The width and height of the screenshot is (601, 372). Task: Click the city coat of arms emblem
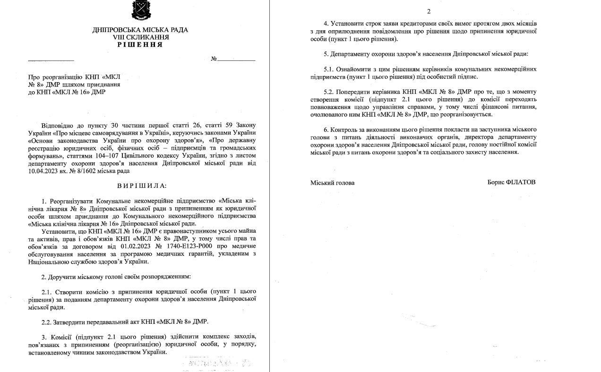(140, 11)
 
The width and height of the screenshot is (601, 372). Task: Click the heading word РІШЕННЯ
(140, 44)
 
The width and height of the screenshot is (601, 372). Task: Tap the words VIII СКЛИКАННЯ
(140, 37)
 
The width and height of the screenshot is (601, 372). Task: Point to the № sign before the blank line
(214, 59)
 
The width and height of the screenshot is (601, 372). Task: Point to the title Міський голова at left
(332, 183)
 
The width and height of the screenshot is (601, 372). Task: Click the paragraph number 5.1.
(329, 69)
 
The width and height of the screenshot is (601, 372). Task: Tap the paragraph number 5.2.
(329, 92)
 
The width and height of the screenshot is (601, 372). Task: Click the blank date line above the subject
(51, 60)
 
